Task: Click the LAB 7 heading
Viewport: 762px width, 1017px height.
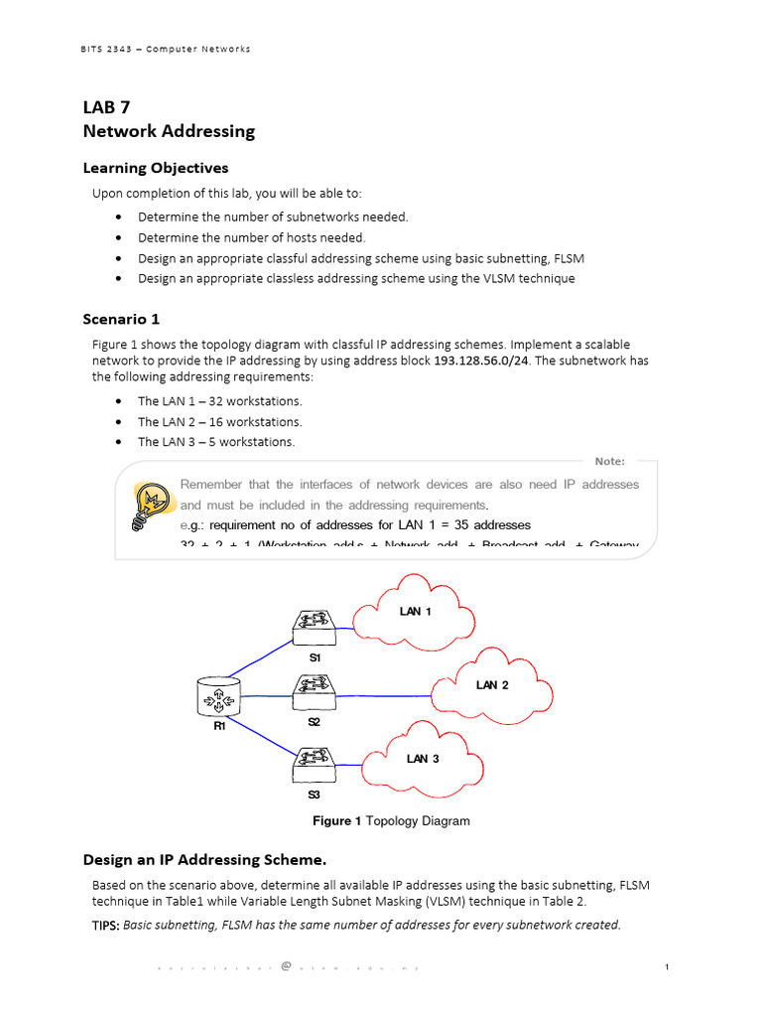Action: coord(106,108)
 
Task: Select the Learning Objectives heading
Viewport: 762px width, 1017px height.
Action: coord(155,168)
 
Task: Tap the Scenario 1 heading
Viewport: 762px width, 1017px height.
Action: coord(121,319)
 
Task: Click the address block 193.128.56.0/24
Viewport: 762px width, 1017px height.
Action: coord(481,361)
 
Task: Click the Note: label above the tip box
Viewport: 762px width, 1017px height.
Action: coord(609,461)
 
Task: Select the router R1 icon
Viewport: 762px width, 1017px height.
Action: coord(219,698)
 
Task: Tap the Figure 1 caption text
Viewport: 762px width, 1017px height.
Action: coord(391,821)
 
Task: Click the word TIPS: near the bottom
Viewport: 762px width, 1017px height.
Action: coord(105,925)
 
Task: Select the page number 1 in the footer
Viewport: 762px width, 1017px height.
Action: coord(668,966)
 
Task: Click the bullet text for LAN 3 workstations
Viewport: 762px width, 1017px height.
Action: coord(216,442)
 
